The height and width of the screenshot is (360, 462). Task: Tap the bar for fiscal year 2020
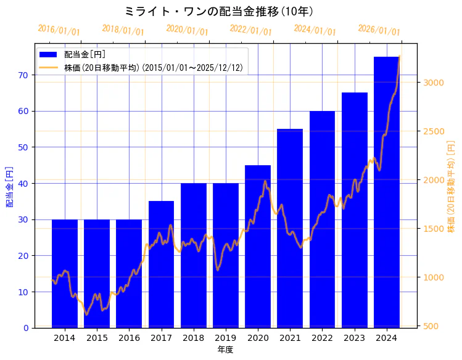(x=258, y=246)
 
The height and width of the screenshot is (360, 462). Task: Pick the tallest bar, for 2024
(x=387, y=192)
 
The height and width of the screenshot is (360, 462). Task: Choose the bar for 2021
(x=290, y=228)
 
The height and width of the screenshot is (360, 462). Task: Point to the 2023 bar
(x=355, y=210)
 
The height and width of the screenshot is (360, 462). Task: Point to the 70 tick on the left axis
(x=25, y=75)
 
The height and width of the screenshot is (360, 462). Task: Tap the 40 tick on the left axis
(x=25, y=183)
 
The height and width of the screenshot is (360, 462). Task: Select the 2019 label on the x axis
(x=226, y=338)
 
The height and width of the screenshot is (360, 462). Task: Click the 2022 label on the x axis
(x=322, y=338)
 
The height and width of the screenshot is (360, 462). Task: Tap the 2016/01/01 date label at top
(x=59, y=30)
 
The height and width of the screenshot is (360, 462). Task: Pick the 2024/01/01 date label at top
(x=315, y=30)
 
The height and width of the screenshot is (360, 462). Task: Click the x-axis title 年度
(x=225, y=350)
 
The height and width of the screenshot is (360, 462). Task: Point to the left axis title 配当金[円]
(x=9, y=186)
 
